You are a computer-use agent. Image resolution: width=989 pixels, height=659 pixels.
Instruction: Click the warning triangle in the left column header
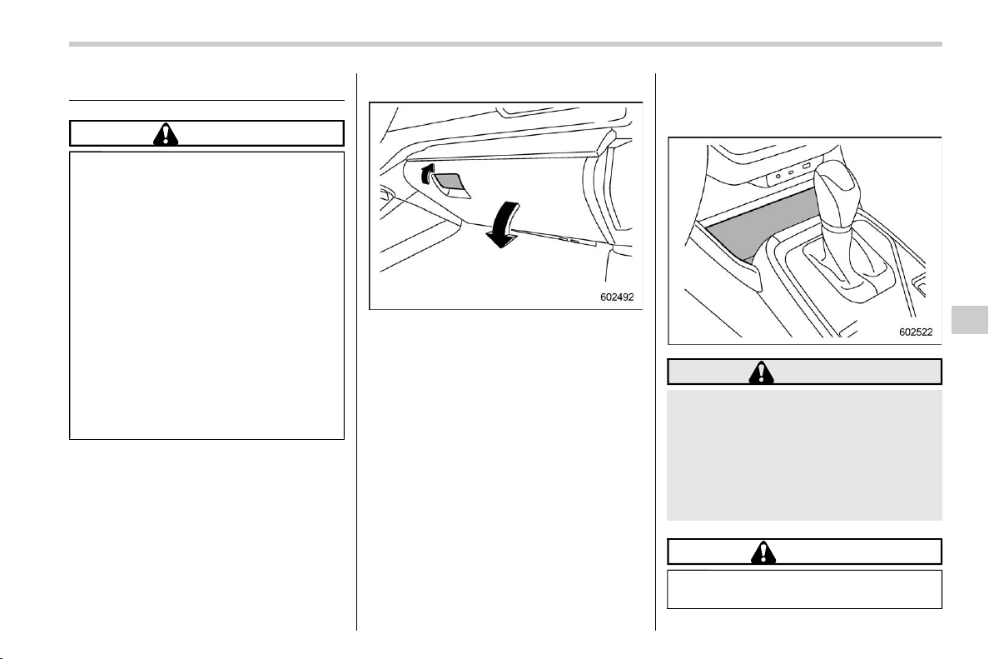coord(166,134)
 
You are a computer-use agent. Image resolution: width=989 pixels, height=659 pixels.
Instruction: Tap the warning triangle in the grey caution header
coord(761,372)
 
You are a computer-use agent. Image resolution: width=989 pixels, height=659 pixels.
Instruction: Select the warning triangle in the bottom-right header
coord(763,552)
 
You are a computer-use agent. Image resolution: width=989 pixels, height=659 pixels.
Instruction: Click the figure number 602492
coord(616,297)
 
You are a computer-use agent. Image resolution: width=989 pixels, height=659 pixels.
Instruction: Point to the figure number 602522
coord(915,332)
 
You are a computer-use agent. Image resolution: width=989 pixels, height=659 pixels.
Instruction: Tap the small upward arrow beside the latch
coord(428,173)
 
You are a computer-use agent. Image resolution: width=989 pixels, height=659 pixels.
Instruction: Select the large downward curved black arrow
coord(503,225)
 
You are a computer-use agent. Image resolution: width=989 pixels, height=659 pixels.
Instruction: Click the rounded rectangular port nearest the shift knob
coord(806,166)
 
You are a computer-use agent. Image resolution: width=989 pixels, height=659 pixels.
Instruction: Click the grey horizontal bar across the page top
coord(505,44)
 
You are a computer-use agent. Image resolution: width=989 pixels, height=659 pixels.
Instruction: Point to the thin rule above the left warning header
coord(207,100)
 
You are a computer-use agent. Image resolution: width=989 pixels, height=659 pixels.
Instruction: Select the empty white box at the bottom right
coord(804,589)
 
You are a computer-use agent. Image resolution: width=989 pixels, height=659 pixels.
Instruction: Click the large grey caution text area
coord(804,455)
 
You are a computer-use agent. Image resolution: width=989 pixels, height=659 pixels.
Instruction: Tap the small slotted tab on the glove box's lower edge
coord(569,240)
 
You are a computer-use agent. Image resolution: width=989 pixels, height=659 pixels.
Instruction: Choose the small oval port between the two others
coord(791,171)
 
